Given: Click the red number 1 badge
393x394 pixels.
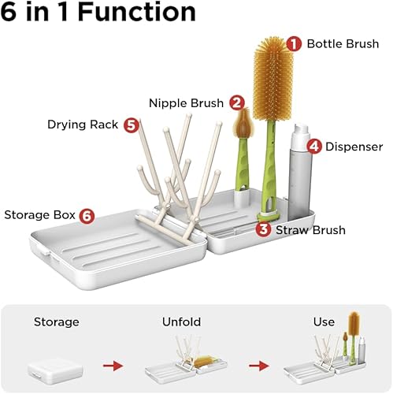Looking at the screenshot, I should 293,43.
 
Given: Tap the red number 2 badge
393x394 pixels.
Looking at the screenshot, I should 237,102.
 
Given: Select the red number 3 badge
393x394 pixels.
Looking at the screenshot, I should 264,230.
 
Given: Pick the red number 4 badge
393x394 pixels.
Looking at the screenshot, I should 314,147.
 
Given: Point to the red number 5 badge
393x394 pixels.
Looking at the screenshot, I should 131,125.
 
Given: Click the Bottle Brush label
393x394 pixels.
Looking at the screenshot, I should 343,43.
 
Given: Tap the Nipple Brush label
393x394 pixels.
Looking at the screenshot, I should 187,102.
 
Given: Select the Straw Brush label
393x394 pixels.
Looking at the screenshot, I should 310,230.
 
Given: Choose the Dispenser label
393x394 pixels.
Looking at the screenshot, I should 354,147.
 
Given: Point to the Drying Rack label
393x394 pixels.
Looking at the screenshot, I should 83,125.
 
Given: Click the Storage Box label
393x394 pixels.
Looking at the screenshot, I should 39,215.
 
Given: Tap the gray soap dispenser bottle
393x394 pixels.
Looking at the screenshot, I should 301,173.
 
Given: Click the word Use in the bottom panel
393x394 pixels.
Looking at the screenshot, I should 324,322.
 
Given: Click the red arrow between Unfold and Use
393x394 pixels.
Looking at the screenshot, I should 254,366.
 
